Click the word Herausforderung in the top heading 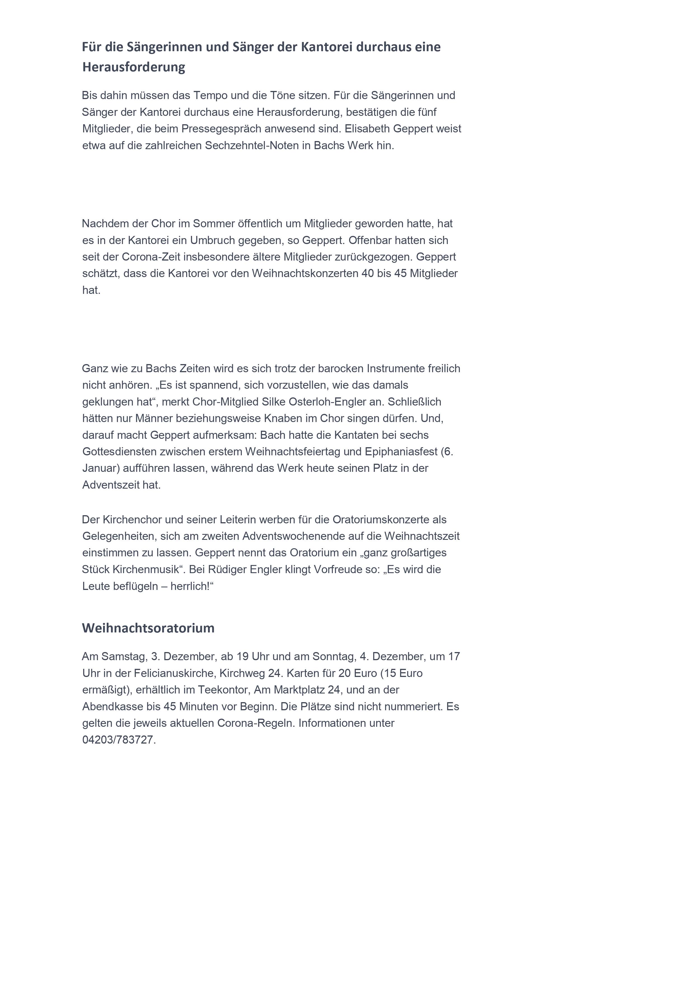point(134,67)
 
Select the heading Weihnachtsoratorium point(148,628)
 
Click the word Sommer point(214,223)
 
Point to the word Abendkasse point(109,707)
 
